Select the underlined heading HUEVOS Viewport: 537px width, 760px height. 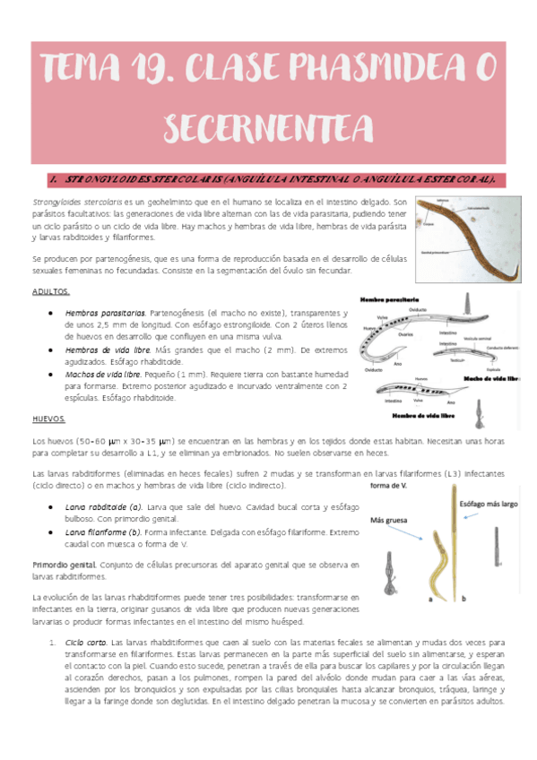coord(48,419)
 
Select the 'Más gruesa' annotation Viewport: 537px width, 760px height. coord(390,521)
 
